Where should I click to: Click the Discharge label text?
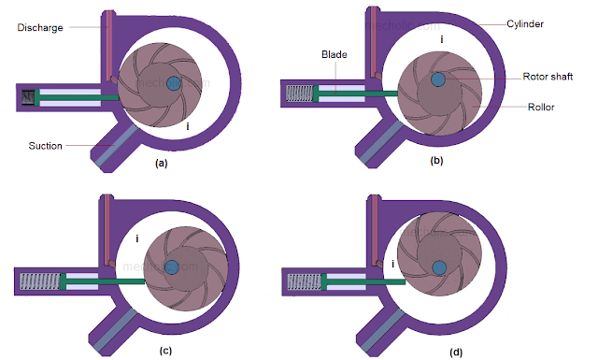[x=39, y=27]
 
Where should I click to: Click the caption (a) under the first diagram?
[x=161, y=164]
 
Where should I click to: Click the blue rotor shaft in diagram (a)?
[x=173, y=83]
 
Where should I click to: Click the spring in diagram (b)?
[x=299, y=93]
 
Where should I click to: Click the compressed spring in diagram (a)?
[x=27, y=96]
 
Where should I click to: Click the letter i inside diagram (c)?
[x=137, y=239]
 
